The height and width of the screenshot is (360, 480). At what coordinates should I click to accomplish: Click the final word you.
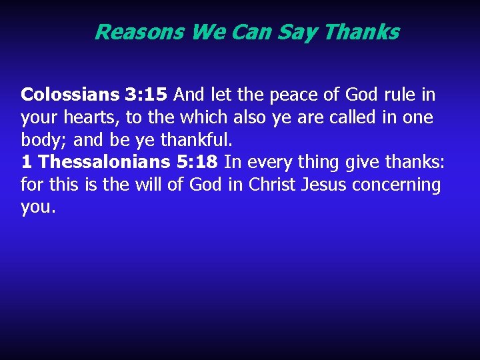pyautogui.click(x=37, y=208)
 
